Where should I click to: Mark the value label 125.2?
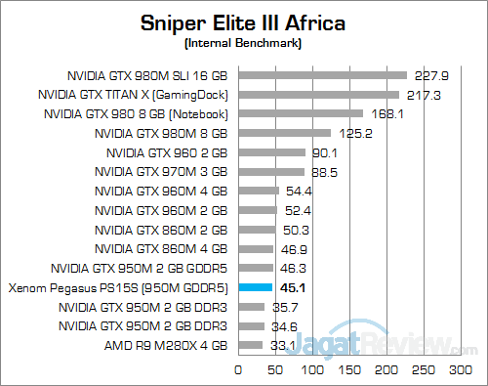[349, 133]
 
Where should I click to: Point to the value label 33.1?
[281, 345]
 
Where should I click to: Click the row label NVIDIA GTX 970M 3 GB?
[161, 171]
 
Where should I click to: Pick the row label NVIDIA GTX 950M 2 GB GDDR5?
[140, 268]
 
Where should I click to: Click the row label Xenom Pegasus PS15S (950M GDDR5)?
[118, 287]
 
